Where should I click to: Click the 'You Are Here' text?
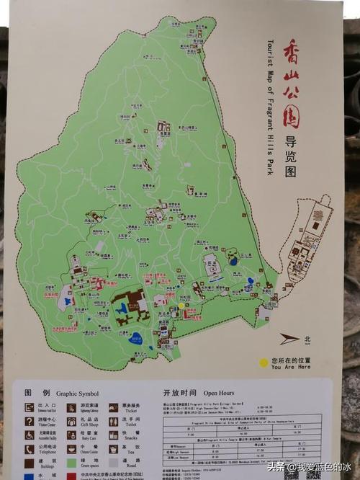tap(290, 365)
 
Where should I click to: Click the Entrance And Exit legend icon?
tap(28, 407)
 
